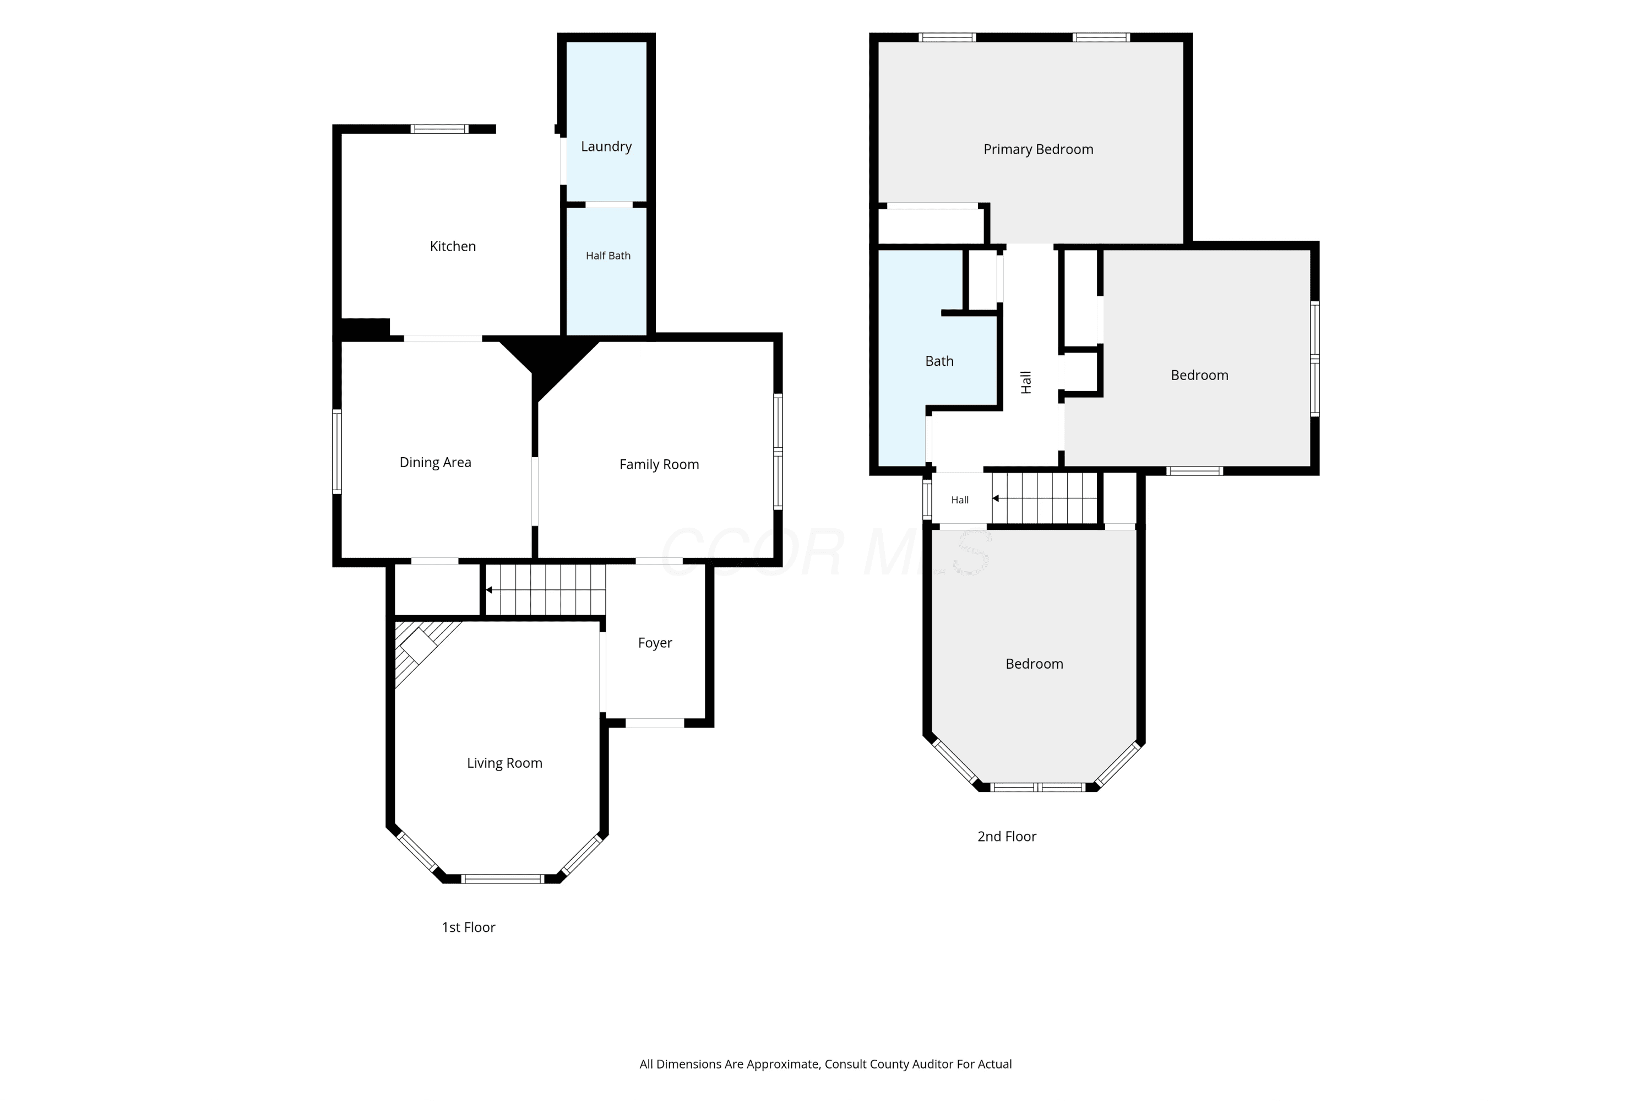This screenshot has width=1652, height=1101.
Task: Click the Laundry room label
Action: point(606,147)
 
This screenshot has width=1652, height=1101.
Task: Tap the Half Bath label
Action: point(608,256)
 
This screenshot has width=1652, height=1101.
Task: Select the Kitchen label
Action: point(453,246)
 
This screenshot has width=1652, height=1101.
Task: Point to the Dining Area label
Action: point(435,463)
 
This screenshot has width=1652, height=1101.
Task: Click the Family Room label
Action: point(659,464)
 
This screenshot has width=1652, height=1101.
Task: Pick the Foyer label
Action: point(655,643)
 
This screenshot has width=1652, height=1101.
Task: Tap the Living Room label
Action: point(505,763)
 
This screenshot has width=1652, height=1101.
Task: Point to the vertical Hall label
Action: point(1026,382)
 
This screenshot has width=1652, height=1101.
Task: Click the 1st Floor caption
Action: point(468,928)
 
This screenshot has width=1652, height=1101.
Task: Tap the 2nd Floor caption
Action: point(1007,836)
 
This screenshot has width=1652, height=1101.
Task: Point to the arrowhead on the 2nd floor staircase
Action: point(996,498)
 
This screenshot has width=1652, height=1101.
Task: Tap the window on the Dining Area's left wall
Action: point(337,452)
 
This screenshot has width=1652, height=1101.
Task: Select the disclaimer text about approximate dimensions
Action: point(825,1064)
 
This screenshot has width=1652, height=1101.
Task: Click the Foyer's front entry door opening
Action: point(654,723)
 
